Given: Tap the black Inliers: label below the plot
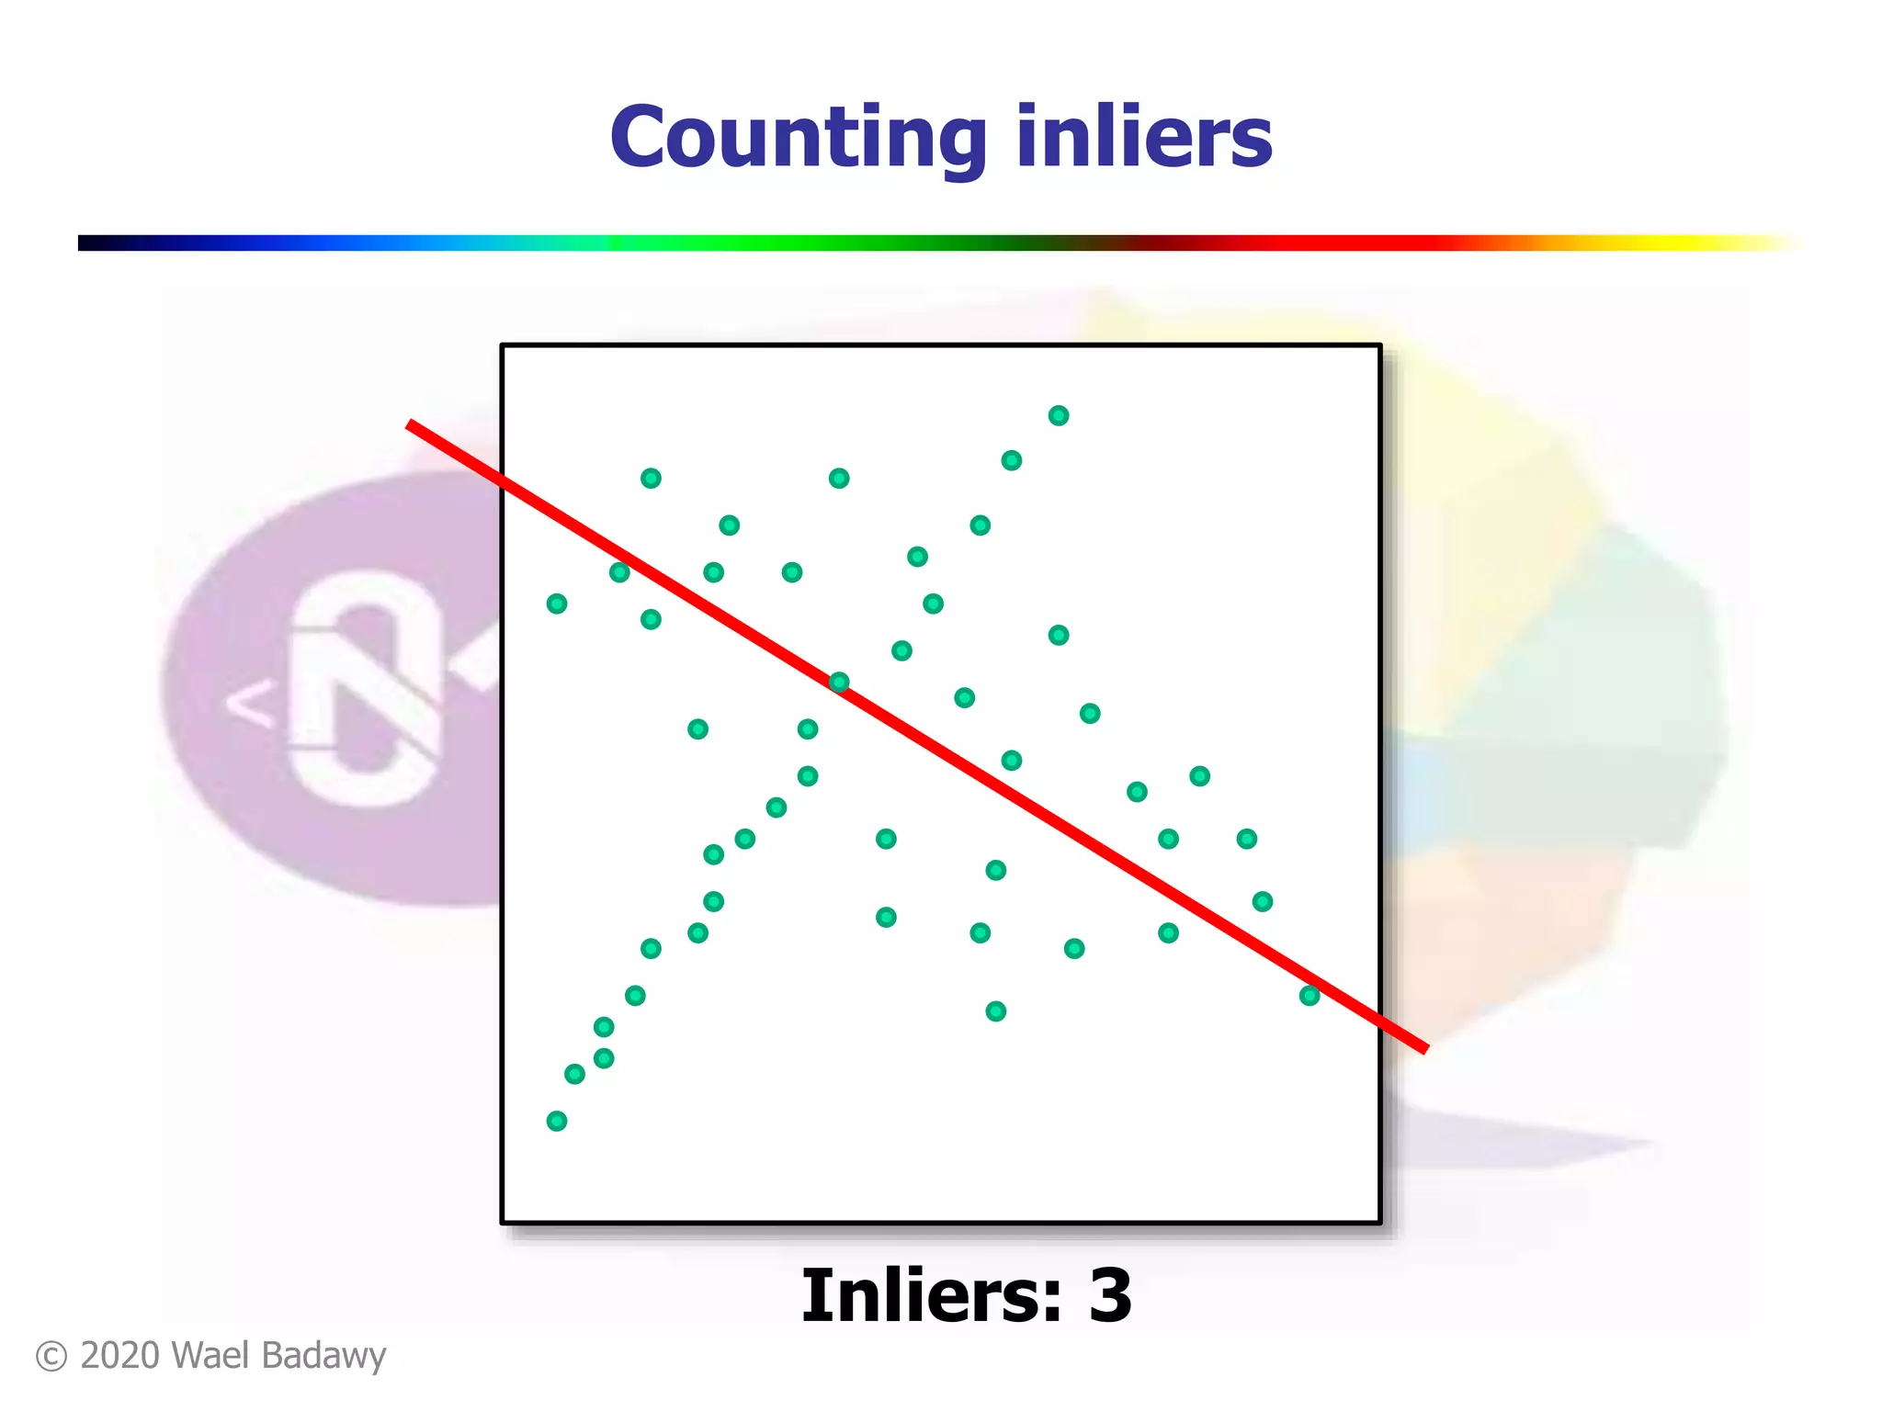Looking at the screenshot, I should [930, 1295].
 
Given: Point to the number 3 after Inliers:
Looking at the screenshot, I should [1110, 1295].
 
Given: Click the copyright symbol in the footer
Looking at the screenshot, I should [51, 1357].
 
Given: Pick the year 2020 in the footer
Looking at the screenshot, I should [119, 1356].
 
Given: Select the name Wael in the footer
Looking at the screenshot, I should [205, 1356].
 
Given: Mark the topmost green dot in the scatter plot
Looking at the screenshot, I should [1059, 416].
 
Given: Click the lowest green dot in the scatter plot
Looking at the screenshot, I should [557, 1121].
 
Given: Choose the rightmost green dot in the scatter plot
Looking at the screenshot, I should [1309, 996].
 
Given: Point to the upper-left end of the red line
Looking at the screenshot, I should [411, 424].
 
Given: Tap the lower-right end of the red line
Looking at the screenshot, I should [1424, 1048].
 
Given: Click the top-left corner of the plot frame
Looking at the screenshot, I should [503, 346].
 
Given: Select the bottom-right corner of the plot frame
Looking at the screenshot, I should [1380, 1222].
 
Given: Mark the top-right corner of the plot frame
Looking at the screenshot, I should [1380, 346].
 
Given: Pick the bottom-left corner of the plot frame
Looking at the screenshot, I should [503, 1222].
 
